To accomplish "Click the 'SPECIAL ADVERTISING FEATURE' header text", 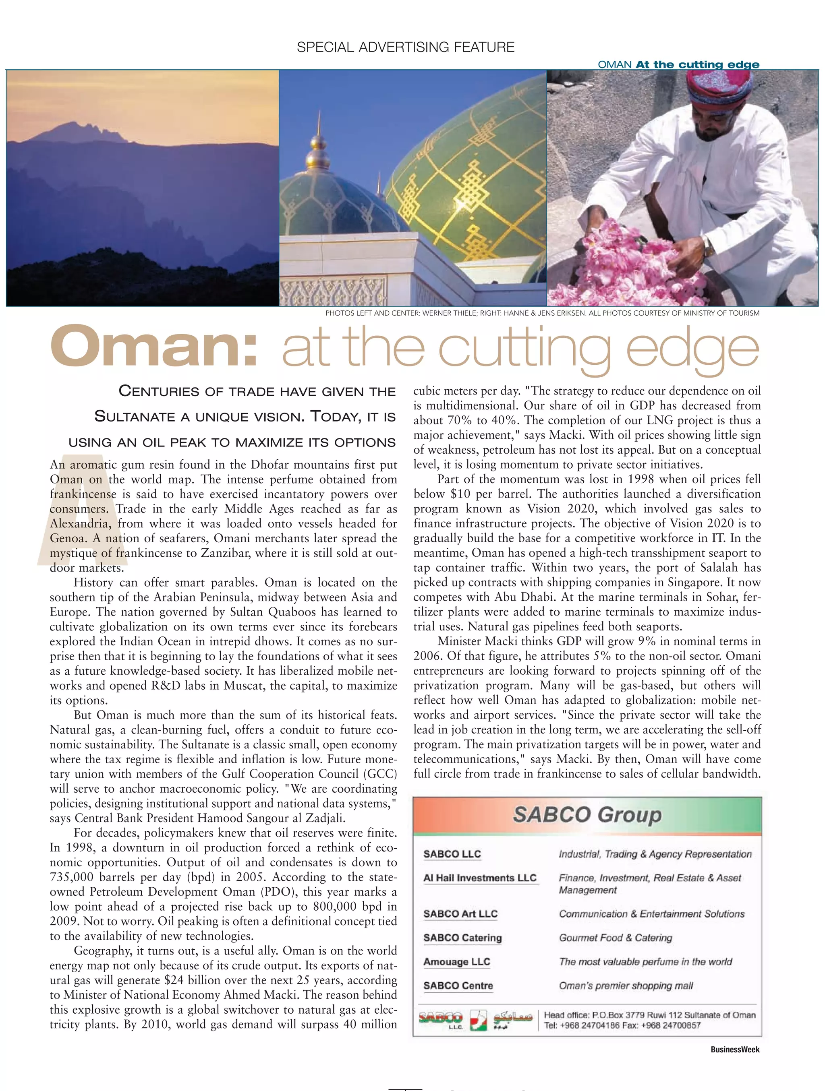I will (405, 48).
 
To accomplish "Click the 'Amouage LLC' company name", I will (456, 961).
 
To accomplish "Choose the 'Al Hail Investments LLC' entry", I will (480, 878).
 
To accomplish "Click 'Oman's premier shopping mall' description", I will (626, 986).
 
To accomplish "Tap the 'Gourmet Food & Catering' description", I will (615, 938).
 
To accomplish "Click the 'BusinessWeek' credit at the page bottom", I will (735, 1050).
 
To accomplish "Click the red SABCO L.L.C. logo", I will (440, 1018).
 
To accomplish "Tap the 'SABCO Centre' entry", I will (458, 986).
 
